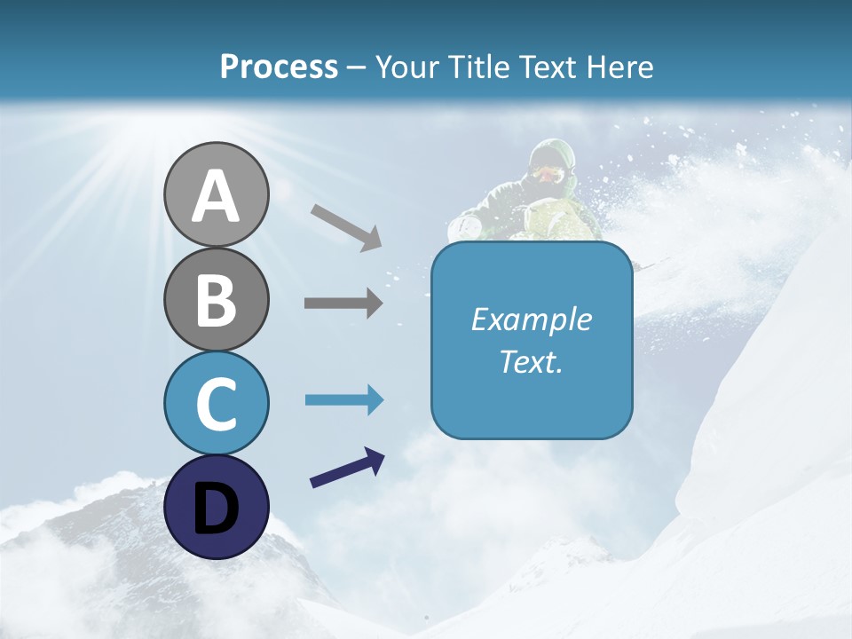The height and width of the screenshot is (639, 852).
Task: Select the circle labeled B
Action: click(217, 299)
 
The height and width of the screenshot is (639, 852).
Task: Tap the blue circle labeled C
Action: click(217, 403)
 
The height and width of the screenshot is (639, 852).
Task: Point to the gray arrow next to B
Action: click(343, 304)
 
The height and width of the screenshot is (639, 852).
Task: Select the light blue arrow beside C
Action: click(343, 400)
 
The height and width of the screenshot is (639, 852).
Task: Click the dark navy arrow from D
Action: click(347, 468)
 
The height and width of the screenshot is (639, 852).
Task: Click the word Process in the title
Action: click(279, 67)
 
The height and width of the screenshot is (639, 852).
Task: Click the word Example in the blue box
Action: click(532, 319)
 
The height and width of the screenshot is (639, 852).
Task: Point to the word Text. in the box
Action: click(532, 361)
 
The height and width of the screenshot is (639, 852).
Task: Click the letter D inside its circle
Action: click(217, 509)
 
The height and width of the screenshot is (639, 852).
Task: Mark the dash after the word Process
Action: click(357, 67)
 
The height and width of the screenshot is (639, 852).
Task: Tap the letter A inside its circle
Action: click(217, 195)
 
